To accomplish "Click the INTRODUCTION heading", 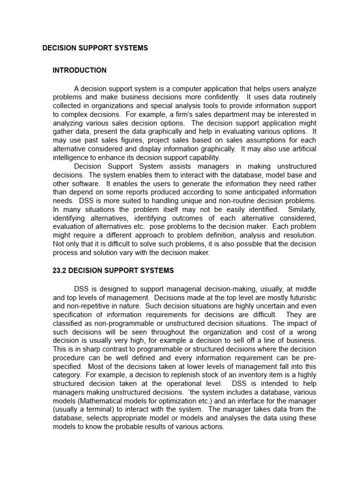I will [x=79, y=70].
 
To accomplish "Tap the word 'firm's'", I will [x=187, y=114].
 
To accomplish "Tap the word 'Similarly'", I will [x=302, y=210].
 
